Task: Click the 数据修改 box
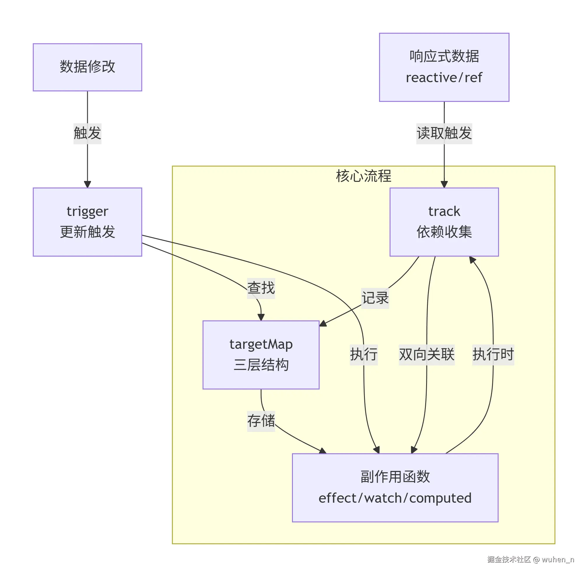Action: coord(87,67)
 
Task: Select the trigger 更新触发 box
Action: coord(87,222)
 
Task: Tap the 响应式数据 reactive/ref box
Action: coord(444,67)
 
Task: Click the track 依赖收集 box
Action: coord(444,222)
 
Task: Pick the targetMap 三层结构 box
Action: coord(261,355)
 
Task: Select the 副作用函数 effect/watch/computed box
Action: coord(395,488)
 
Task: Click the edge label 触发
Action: coord(87,133)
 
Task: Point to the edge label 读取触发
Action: coord(444,133)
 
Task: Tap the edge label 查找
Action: coord(261,288)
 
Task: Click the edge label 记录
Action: coord(375,298)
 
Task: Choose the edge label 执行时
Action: coord(493,355)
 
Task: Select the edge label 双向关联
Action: coord(426,355)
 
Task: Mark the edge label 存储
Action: coord(261,421)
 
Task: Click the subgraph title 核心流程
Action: coord(363,176)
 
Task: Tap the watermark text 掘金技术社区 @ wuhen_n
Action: coord(530,560)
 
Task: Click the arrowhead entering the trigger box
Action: coord(87,184)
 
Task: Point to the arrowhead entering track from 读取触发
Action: coord(444,184)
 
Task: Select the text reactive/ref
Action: coord(444,78)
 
